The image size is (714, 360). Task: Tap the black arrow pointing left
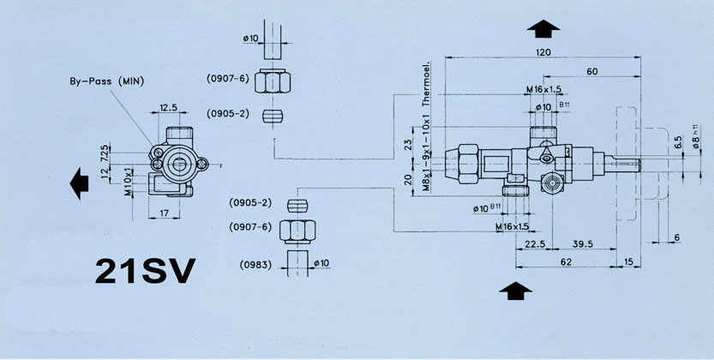(79, 183)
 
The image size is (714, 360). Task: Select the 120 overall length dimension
(540, 52)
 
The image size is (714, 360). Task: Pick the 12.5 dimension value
(168, 109)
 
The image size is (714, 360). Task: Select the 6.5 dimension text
(677, 142)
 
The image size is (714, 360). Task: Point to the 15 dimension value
(629, 261)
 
